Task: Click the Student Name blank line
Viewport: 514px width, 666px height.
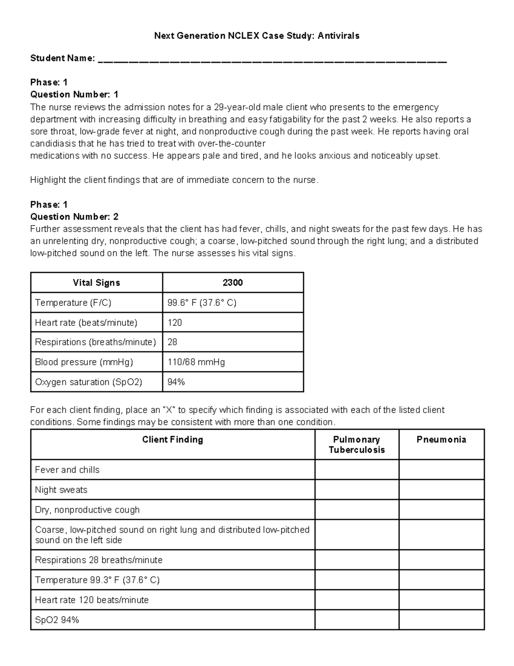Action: tap(272, 61)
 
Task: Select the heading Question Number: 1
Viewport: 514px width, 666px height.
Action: tap(74, 94)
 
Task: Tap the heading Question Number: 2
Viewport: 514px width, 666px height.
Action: tap(74, 217)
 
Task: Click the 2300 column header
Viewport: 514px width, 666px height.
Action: tap(233, 283)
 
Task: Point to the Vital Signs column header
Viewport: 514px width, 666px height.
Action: tap(96, 283)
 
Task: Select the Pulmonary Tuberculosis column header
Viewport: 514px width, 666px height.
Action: tap(356, 445)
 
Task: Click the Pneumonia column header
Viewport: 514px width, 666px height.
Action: tap(441, 440)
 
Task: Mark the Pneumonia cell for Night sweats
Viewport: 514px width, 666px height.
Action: tap(441, 490)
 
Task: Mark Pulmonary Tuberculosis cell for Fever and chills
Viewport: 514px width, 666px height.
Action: tap(356, 470)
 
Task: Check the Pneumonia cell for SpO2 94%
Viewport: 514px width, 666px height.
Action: tap(441, 620)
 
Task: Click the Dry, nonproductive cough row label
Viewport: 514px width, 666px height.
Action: tap(87, 510)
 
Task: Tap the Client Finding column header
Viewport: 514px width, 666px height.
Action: tap(173, 440)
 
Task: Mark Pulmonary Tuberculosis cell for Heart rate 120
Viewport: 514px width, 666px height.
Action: tap(356, 600)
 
